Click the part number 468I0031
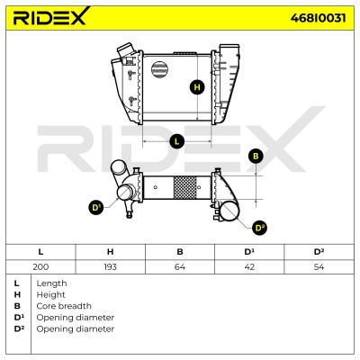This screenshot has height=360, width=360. [318, 18]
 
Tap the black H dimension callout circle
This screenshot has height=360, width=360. [197, 87]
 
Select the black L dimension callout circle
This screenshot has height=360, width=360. [177, 141]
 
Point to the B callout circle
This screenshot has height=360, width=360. [256, 157]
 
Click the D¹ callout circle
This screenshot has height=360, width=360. [96, 208]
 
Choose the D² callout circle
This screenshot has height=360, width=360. [259, 228]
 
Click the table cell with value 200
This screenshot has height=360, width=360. [40, 266]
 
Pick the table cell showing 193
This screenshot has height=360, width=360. [110, 266]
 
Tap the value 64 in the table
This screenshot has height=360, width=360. [180, 266]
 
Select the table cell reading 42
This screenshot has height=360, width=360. [249, 266]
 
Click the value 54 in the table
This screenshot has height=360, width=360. [319, 266]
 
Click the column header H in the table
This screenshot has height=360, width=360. [110, 252]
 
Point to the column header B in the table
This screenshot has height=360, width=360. [180, 252]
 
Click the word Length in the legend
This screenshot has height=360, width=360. [51, 283]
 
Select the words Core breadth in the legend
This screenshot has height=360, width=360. [64, 306]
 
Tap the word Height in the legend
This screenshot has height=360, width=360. [50, 295]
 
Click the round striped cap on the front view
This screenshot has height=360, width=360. [159, 69]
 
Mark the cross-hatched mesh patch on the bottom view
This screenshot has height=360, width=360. [185, 187]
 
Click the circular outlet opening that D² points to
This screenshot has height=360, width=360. [229, 211]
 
